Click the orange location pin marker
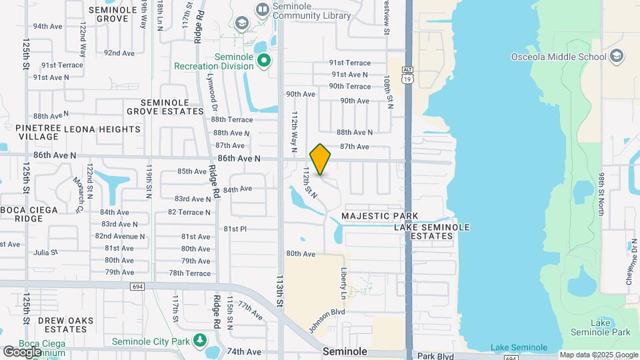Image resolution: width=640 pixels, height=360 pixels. (x=321, y=159)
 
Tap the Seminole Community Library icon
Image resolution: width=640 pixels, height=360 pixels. (x=262, y=9)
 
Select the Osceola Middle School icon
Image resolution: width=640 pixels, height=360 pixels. (x=616, y=56)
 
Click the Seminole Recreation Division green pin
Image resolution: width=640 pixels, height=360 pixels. (x=264, y=61)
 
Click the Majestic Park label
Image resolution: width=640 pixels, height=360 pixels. (x=379, y=216)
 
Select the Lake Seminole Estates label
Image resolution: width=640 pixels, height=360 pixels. (x=432, y=231)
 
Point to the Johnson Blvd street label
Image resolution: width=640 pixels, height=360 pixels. (x=327, y=321)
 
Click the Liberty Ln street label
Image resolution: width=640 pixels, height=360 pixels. (x=344, y=283)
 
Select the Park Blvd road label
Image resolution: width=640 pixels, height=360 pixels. (x=435, y=356)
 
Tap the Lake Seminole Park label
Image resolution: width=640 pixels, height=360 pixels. (x=610, y=327)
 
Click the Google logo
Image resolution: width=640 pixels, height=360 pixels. (x=22, y=352)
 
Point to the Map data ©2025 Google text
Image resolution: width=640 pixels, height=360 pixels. (x=598, y=355)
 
